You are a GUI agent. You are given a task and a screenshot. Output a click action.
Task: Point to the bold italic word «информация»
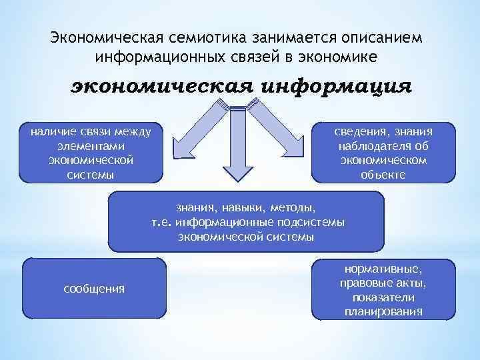pos(336,87)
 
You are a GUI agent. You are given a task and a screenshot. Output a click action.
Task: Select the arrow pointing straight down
pos(235,143)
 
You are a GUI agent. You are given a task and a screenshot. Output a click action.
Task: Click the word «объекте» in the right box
pos(383,175)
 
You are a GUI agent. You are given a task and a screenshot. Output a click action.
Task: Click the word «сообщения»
pos(94,289)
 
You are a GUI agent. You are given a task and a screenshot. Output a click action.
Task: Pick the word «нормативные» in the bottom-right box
pos(383,267)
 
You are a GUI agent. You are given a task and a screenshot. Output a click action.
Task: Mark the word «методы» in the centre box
pos(293,208)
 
